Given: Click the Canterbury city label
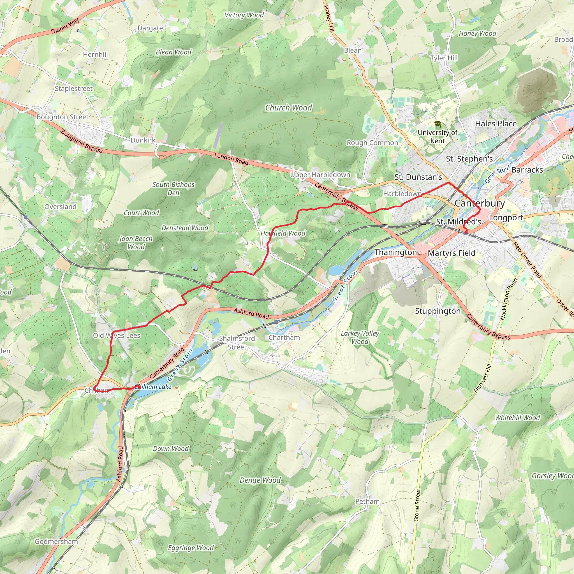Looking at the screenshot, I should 480,203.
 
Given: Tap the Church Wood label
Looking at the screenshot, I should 288,108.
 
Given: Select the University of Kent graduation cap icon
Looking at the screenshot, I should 437,124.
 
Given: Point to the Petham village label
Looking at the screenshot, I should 367,501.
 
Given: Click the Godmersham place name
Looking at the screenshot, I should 56,541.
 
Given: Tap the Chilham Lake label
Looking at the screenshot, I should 153,386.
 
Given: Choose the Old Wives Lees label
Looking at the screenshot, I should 117,335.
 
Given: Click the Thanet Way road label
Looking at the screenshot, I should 64,26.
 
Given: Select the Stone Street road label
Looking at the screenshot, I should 417,505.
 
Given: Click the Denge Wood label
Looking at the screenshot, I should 260,480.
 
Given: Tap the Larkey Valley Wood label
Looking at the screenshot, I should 360,337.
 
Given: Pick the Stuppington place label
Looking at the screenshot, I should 438,311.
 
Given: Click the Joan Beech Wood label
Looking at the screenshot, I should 136,243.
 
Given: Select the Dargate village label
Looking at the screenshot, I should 150,28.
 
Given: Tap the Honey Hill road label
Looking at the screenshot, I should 328,18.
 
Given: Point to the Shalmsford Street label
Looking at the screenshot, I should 237,342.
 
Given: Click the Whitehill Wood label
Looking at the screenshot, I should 517,418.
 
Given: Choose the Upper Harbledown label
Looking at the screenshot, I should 320,175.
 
